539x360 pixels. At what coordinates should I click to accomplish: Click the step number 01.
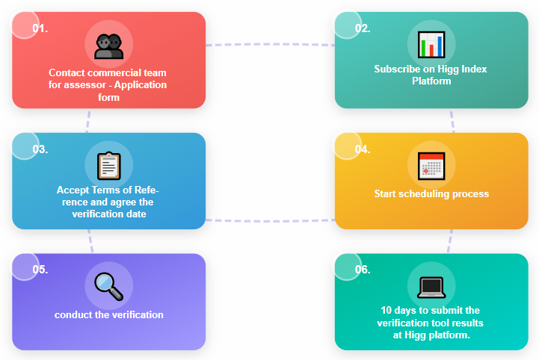(40, 28)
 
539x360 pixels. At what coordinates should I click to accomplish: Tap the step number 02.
(363, 28)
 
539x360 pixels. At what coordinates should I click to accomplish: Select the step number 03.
(40, 149)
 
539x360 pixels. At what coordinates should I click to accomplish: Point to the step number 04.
(363, 149)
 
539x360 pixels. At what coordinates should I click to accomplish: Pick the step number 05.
(40, 270)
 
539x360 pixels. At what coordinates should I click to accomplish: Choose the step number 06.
(363, 270)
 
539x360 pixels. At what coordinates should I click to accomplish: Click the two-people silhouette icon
(109, 46)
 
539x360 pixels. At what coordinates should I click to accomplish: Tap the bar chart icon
(431, 45)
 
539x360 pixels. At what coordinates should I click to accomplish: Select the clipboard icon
(109, 166)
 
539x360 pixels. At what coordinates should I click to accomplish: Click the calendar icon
(431, 166)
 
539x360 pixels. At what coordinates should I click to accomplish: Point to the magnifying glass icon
(109, 287)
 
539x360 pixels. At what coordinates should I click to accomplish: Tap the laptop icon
(431, 288)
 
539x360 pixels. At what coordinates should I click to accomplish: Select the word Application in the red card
(141, 85)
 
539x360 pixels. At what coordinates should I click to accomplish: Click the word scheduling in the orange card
(424, 194)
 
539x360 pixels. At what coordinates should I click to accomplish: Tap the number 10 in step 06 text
(386, 310)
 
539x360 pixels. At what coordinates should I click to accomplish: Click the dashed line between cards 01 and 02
(270, 44)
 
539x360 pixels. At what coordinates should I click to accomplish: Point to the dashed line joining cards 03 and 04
(270, 220)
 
